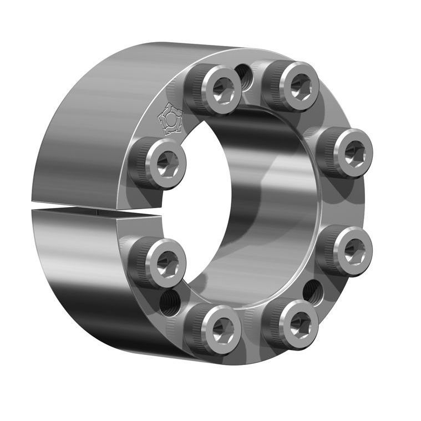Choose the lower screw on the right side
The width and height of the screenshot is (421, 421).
(x=348, y=250)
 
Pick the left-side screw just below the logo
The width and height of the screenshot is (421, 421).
(x=161, y=163)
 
